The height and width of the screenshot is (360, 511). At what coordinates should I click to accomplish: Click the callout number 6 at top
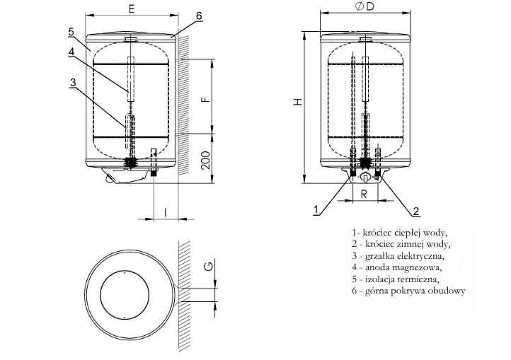point(199,16)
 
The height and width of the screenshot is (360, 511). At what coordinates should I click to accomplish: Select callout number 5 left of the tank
point(72,32)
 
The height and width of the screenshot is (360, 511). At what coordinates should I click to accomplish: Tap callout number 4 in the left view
point(72,52)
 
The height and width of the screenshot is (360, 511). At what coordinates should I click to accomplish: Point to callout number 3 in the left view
point(73,82)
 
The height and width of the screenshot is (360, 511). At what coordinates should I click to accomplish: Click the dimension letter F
point(205,98)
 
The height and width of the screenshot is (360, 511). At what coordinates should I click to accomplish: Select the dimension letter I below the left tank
point(164,211)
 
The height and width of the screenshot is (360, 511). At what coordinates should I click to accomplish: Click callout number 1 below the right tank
point(315,209)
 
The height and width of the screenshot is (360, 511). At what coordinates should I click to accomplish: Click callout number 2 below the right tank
point(416,210)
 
